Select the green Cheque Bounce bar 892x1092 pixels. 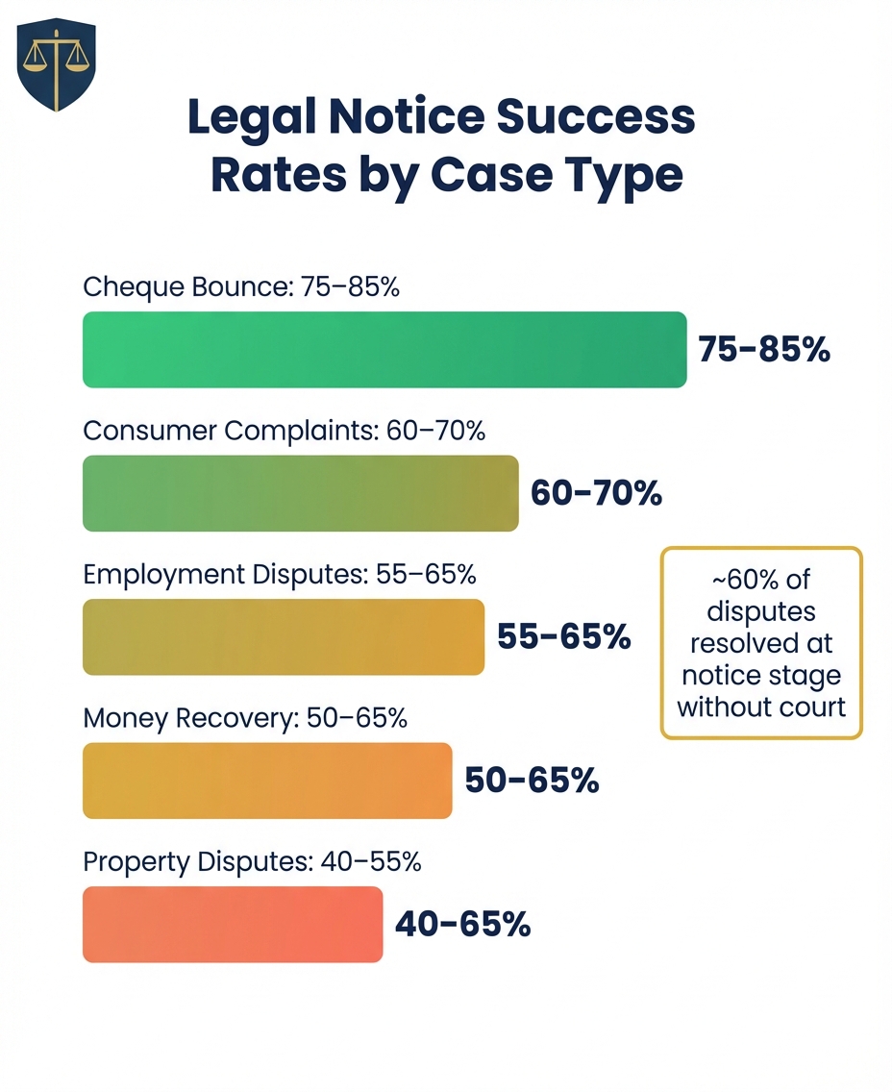[384, 350]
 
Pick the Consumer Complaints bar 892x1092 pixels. [300, 494]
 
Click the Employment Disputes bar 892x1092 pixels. [284, 636]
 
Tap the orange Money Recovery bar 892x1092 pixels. [267, 781]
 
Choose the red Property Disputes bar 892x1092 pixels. [233, 924]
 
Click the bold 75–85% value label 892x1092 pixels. [763, 350]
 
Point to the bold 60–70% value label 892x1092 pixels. [596, 493]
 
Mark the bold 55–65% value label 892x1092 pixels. [563, 636]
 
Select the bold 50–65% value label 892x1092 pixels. [532, 781]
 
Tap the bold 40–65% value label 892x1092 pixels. [462, 924]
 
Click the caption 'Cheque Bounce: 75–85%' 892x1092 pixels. [241, 286]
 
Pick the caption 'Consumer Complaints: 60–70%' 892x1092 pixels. [284, 431]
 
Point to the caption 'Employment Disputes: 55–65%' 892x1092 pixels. [280, 574]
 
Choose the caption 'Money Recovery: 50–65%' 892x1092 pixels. [245, 718]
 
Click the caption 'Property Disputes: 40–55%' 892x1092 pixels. [252, 862]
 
